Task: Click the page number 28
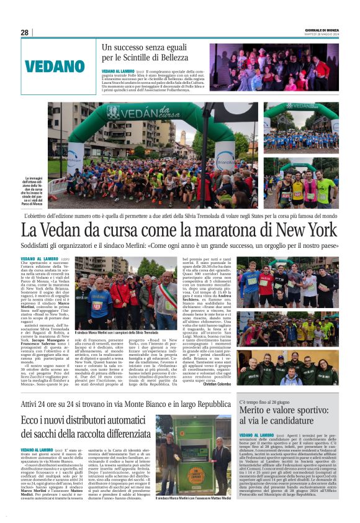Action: [24, 32]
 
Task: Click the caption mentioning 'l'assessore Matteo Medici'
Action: [194, 515]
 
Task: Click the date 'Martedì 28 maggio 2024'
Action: [323, 35]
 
